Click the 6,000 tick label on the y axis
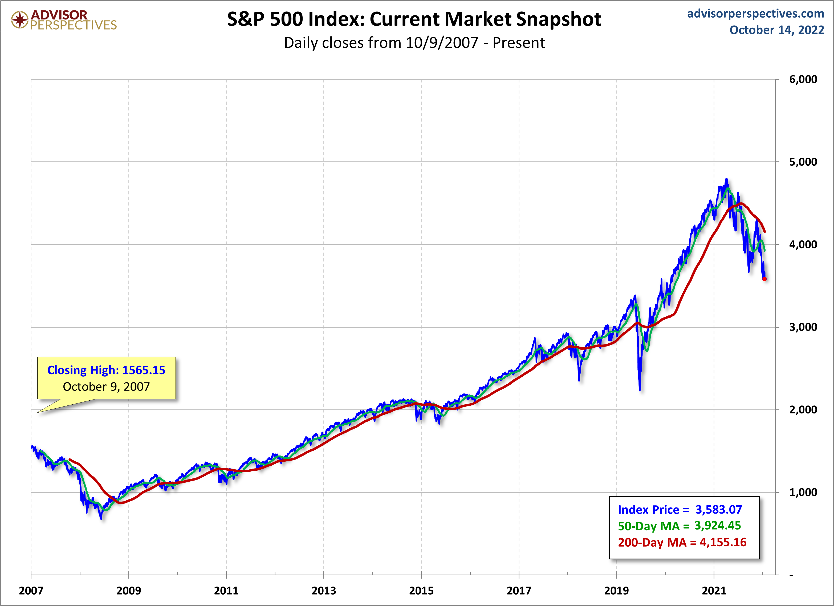(803, 79)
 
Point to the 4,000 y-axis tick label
(803, 245)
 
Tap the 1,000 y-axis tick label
(803, 492)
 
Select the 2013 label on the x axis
(324, 591)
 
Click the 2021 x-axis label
(714, 591)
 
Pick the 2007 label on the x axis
(31, 591)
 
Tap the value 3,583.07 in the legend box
(719, 510)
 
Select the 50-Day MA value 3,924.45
(717, 526)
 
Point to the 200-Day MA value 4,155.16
(723, 542)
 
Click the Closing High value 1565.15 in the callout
(144, 370)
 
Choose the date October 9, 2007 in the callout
(106, 387)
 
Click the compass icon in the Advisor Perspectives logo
(19, 19)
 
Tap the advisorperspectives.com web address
(756, 14)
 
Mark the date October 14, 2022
(777, 30)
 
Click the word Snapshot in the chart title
(559, 19)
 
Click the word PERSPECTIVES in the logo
(74, 25)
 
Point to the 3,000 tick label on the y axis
(803, 327)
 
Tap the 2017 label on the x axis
(519, 591)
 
